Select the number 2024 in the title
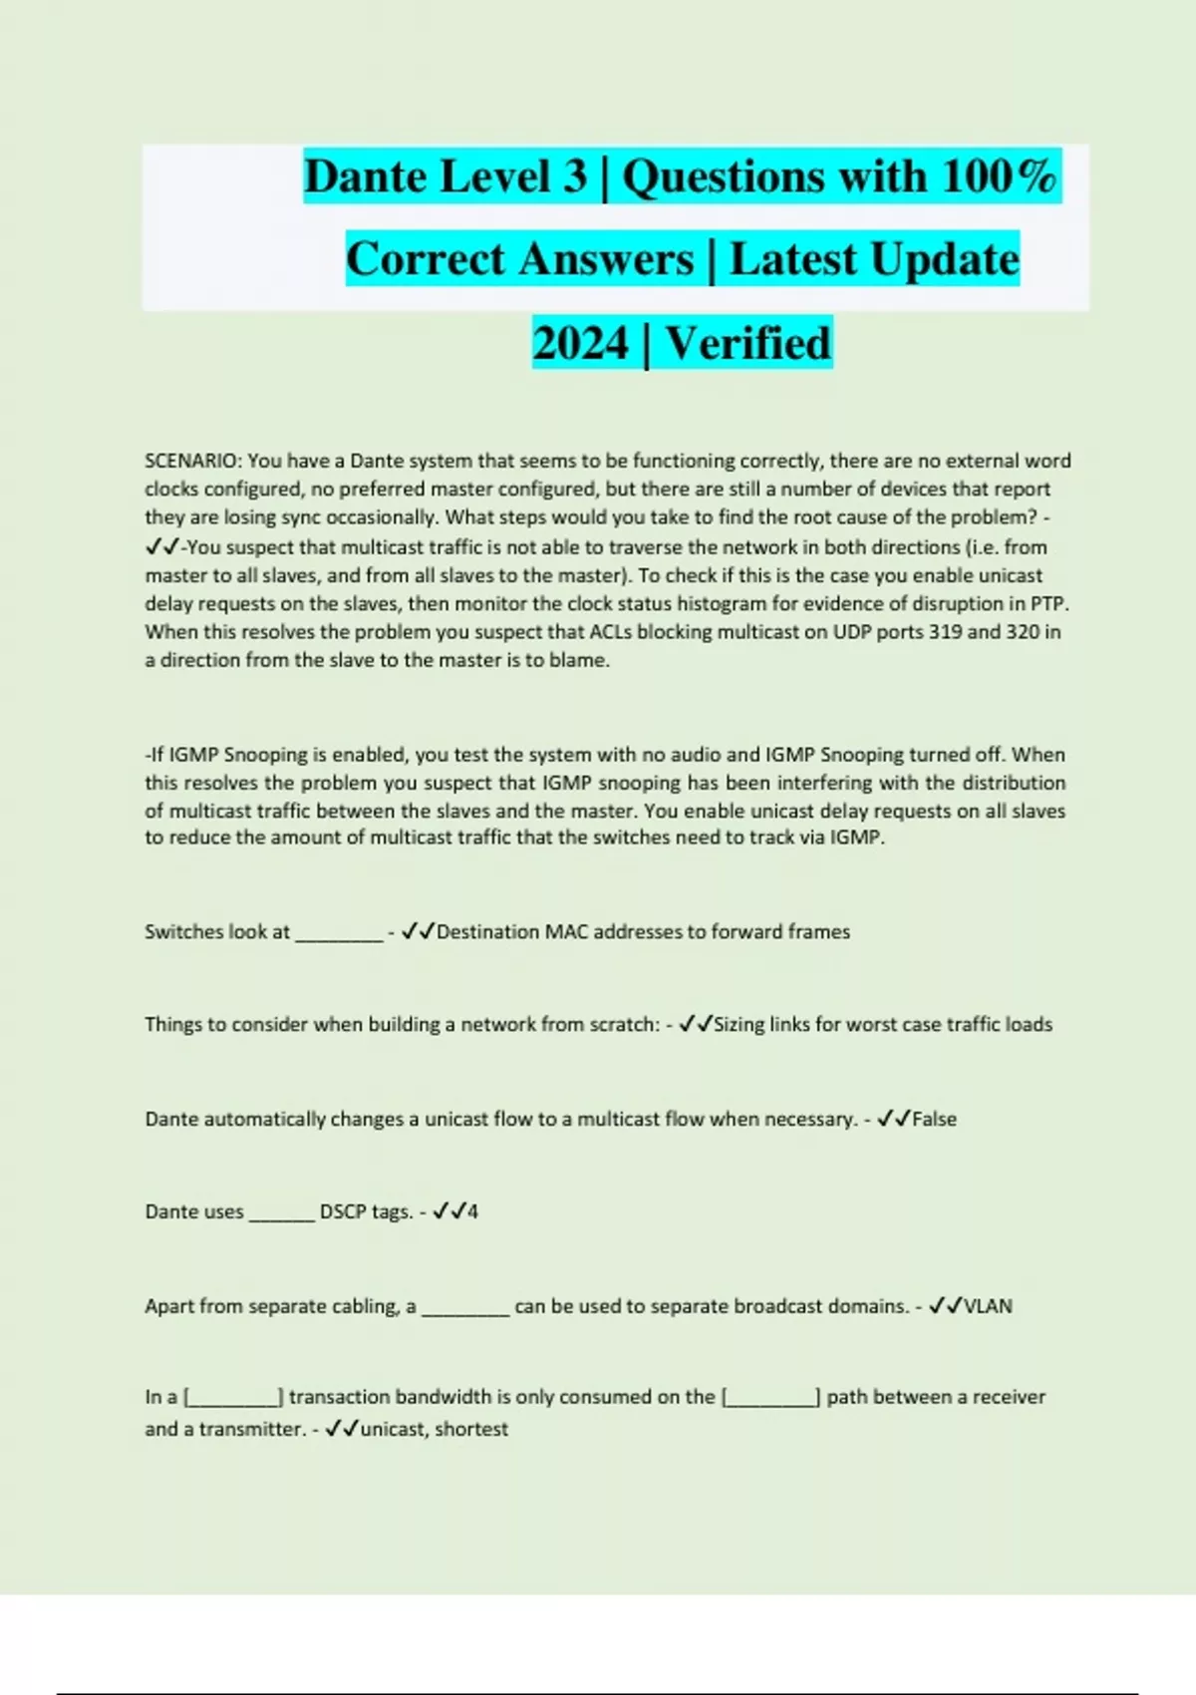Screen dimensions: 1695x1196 580,343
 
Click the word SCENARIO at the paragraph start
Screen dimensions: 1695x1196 192,461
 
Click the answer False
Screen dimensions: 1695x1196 934,1119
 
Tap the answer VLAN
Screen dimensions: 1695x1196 988,1306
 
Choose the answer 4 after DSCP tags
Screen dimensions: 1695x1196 472,1212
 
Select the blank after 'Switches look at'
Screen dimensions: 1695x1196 339,934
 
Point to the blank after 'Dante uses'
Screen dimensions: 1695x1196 281,1214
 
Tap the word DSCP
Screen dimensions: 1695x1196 343,1212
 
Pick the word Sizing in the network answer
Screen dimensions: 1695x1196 741,1024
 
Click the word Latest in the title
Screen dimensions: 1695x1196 793,259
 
